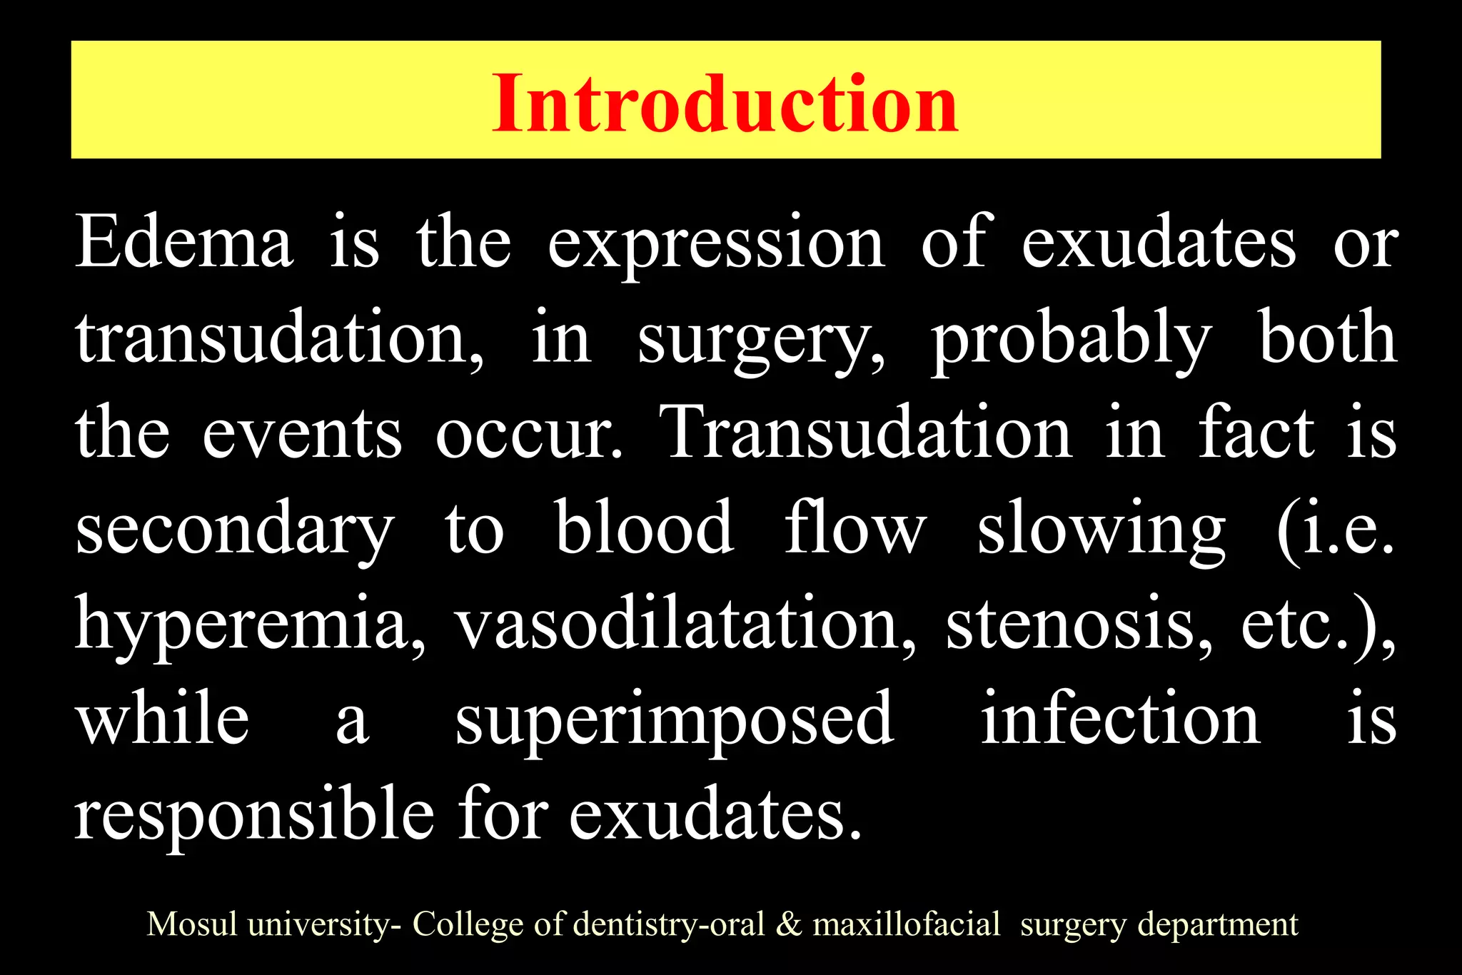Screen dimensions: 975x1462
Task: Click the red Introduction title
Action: [725, 104]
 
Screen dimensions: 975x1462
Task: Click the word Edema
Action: [183, 243]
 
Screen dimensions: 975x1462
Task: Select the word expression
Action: [716, 245]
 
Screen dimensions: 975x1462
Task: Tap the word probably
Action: [1072, 340]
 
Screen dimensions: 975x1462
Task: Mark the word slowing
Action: [1101, 530]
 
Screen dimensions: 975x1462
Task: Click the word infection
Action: [1120, 719]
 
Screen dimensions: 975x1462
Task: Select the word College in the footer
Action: [470, 925]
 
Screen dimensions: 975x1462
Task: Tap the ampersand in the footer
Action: [788, 924]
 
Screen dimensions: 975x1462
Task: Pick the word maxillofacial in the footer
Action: [907, 924]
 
